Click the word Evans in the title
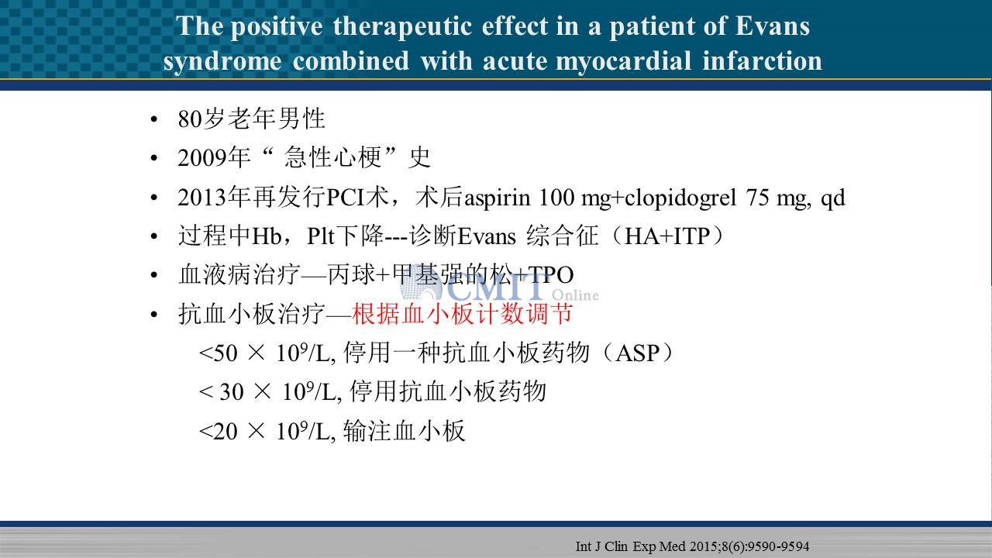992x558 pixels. point(773,26)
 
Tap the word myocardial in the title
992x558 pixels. point(623,61)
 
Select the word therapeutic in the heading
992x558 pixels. point(402,26)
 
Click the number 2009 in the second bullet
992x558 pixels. point(201,157)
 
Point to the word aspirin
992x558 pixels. point(497,198)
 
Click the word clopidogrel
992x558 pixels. point(680,198)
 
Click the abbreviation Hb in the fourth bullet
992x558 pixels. point(267,236)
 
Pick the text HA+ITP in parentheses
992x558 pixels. point(667,236)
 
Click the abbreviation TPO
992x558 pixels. point(551,275)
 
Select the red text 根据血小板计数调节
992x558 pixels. point(462,314)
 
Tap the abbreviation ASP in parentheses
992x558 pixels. point(638,353)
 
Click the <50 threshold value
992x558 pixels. point(219,353)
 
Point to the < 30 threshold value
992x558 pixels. point(222,392)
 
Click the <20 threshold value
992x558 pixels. point(219,432)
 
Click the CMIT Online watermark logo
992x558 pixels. point(499,287)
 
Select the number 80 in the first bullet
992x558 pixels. point(190,119)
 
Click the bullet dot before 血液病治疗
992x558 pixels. point(153,275)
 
